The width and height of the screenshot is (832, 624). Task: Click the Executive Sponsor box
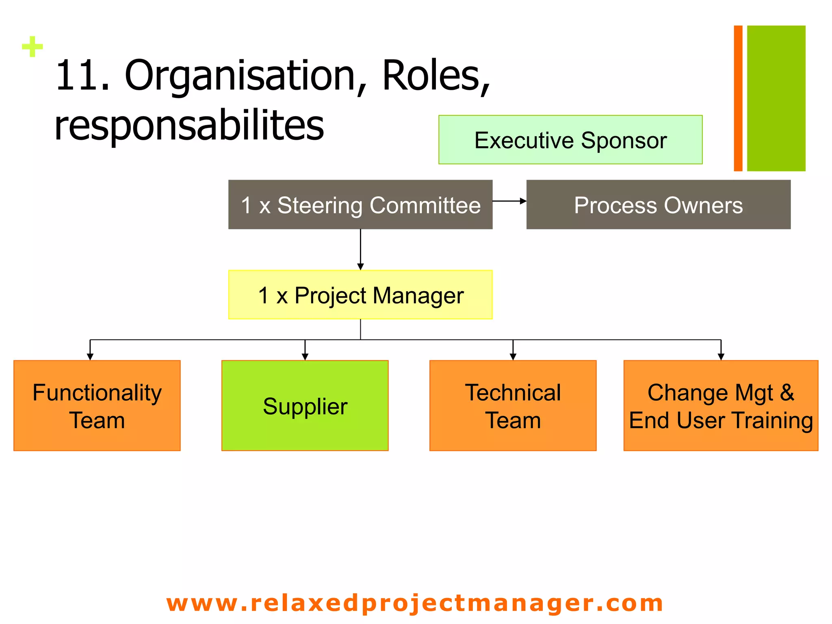pos(570,140)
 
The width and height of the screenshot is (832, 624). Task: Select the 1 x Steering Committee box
pos(360,205)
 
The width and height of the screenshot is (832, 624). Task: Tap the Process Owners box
pos(658,205)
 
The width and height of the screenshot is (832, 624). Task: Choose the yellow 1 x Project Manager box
pos(360,295)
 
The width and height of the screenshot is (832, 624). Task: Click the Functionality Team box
pos(97,405)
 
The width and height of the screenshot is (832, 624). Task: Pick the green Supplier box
pos(305,405)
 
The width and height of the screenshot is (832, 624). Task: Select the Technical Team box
pos(513,405)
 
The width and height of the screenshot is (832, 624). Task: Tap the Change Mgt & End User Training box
pos(721,405)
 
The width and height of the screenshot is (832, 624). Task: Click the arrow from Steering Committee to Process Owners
pos(509,201)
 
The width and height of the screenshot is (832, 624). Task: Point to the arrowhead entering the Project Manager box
pos(360,266)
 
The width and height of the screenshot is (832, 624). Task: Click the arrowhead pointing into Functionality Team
pos(90,357)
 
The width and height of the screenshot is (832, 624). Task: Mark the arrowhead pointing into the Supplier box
pos(305,357)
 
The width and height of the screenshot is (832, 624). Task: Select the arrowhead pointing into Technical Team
pos(513,357)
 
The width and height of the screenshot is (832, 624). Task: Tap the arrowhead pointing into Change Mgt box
pos(721,357)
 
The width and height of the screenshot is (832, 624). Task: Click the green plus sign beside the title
pos(32,47)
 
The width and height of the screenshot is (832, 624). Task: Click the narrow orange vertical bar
pos(738,98)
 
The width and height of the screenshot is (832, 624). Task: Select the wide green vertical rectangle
pos(776,98)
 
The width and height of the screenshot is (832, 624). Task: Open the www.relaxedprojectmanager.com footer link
pos(414,603)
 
